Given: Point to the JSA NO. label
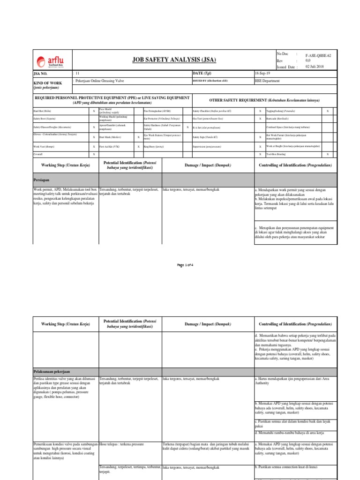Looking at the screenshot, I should click(41, 74).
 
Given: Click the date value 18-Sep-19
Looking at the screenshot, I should click(262, 74).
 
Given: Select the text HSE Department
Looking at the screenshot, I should click(269, 81).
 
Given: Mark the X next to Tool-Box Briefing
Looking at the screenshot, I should click(328, 154).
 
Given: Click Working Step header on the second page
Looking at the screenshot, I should click(65, 324).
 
